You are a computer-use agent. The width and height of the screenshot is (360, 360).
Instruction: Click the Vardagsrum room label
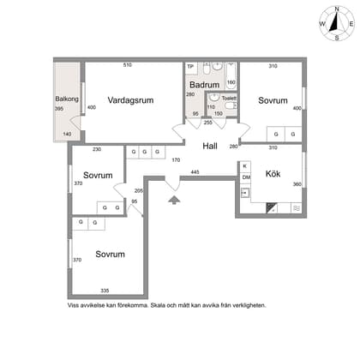(x=130, y=100)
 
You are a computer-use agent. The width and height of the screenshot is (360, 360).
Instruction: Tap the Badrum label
(x=205, y=85)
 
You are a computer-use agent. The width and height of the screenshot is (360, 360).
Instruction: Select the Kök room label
(x=273, y=174)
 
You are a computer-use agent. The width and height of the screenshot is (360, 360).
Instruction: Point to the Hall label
(x=210, y=146)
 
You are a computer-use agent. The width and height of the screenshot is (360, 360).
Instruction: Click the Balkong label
(x=67, y=99)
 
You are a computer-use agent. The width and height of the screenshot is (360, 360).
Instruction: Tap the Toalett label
(x=229, y=98)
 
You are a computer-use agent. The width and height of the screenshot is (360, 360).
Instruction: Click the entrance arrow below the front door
(x=174, y=200)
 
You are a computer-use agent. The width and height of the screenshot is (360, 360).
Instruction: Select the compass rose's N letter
(x=337, y=9)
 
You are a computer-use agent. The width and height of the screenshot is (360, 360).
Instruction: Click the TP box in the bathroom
(x=190, y=68)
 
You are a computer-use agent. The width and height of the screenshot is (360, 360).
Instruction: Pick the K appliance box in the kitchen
(x=245, y=166)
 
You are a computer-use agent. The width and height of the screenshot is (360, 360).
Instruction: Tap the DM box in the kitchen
(x=246, y=177)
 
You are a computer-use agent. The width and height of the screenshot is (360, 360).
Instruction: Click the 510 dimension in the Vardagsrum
(x=128, y=65)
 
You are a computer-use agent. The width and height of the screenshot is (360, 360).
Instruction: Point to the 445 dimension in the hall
(x=195, y=172)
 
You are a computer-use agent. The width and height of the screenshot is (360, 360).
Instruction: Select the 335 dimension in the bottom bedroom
(x=105, y=291)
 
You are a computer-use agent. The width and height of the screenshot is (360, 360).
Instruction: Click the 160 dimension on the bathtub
(x=231, y=82)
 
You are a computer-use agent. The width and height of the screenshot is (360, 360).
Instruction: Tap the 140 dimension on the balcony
(x=67, y=134)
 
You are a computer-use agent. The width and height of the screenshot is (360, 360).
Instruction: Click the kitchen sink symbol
(x=244, y=193)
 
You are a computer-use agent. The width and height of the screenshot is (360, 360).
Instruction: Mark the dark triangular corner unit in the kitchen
(x=271, y=207)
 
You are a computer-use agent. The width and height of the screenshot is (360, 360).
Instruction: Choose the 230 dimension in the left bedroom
(x=97, y=149)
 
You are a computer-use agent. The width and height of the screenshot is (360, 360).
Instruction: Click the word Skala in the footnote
(x=158, y=305)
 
